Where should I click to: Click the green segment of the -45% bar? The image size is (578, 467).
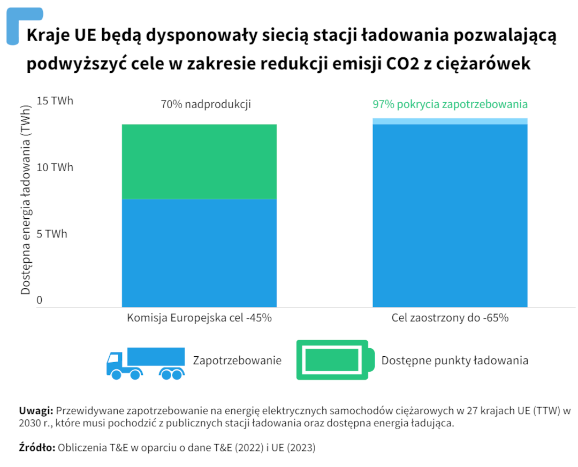coord(199,162)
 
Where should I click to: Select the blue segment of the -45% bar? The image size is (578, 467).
coord(199,252)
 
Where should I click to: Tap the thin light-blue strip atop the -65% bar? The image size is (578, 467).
coord(450,121)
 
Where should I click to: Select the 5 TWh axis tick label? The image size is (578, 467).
coord(52,234)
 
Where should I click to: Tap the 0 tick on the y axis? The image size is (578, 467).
coord(39,301)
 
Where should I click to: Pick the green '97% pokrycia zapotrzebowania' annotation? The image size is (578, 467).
coord(450,104)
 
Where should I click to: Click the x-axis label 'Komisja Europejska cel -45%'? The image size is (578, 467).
coord(199,318)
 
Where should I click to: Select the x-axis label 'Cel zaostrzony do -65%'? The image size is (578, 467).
coord(450,318)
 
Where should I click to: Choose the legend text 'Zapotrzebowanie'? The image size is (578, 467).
coord(237,360)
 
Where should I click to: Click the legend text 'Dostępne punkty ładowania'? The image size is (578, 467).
coord(455,360)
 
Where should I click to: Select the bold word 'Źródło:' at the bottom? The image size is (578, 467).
coord(37,448)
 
